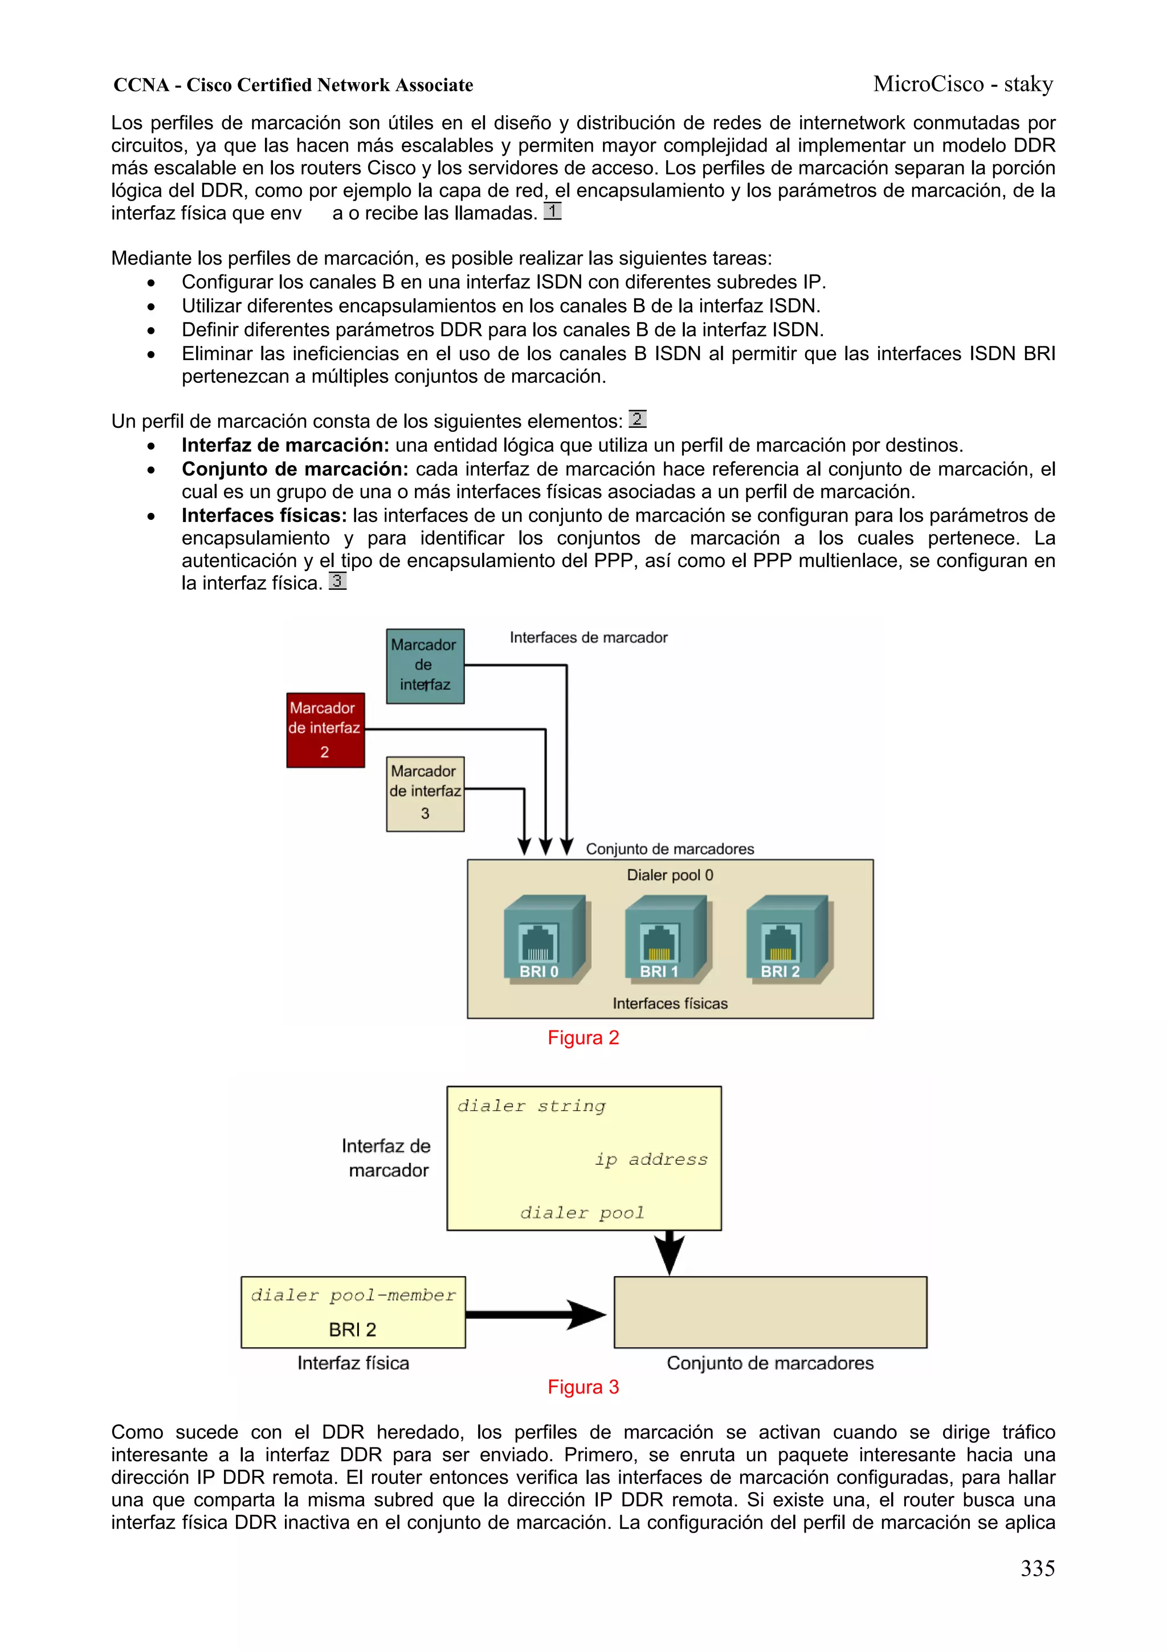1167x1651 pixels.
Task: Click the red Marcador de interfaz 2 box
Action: [325, 730]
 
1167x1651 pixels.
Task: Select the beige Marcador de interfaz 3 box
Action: [425, 793]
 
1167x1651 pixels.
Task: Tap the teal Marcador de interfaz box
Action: [425, 665]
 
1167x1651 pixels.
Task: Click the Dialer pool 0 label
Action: [670, 875]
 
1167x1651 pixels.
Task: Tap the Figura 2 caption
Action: [582, 1038]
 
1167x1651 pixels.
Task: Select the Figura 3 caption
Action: [582, 1387]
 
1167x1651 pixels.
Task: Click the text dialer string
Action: [532, 1106]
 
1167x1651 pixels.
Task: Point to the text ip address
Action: [651, 1159]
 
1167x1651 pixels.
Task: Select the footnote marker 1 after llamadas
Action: [552, 211]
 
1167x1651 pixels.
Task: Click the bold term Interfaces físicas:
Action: [263, 516]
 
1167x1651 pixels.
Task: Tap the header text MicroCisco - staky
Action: [963, 84]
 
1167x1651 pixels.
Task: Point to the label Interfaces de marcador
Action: [588, 637]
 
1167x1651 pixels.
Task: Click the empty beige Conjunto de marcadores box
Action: [769, 1312]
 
